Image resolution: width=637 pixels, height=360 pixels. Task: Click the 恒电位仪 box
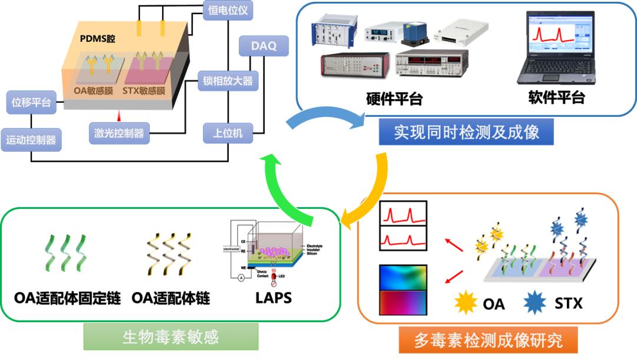228,10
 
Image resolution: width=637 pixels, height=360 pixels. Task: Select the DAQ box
264,46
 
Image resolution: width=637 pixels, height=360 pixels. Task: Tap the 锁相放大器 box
228,81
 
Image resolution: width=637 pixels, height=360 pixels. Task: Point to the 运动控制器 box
31,140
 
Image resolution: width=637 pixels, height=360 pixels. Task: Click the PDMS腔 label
97,38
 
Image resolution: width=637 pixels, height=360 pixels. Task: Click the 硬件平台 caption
394,99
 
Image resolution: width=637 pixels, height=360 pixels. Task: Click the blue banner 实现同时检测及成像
466,132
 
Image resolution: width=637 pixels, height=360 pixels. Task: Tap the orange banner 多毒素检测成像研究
488,340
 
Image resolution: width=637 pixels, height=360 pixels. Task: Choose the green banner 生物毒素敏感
170,337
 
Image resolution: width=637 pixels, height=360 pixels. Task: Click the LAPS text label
273,297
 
